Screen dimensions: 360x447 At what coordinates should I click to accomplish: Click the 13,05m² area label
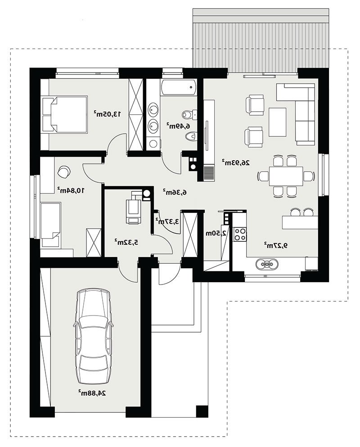click(x=107, y=114)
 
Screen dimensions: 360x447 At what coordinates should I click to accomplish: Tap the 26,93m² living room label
click(x=236, y=163)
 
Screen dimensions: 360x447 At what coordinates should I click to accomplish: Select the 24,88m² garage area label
click(x=92, y=393)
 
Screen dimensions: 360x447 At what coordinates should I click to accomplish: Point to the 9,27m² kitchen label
click(x=275, y=244)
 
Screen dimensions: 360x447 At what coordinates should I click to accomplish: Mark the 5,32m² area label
click(x=126, y=242)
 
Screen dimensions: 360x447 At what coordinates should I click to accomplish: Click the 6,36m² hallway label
click(x=175, y=192)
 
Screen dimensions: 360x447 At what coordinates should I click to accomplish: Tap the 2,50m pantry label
click(x=216, y=233)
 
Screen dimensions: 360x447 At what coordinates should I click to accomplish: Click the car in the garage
click(x=92, y=336)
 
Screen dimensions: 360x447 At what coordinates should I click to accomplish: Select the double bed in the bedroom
click(x=64, y=114)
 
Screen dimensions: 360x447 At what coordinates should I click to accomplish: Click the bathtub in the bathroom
click(x=178, y=87)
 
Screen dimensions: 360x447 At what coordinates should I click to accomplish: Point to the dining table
click(x=286, y=176)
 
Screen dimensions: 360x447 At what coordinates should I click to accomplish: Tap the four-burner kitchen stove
click(x=240, y=235)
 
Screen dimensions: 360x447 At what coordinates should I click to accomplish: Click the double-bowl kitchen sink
click(x=266, y=264)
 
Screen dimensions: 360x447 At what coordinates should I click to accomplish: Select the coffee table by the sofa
click(x=277, y=122)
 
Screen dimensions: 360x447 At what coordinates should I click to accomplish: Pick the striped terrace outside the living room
click(x=261, y=41)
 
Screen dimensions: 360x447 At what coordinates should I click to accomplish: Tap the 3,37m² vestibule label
click(x=167, y=221)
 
